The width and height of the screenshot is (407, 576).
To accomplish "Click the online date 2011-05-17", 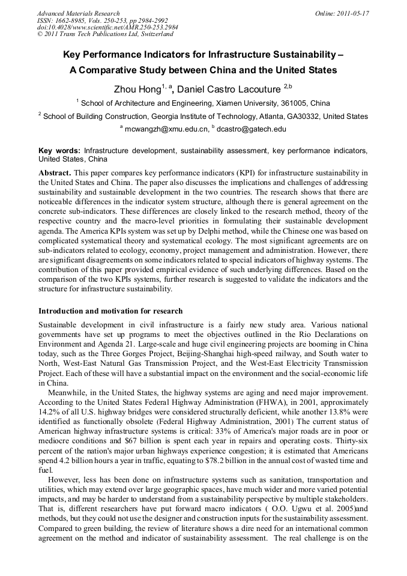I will coord(352,13).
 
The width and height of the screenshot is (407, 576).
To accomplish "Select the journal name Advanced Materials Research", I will coord(78,13).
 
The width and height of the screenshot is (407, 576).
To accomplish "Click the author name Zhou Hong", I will coord(137,89).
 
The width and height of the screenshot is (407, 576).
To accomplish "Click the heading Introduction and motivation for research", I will coord(110,311).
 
